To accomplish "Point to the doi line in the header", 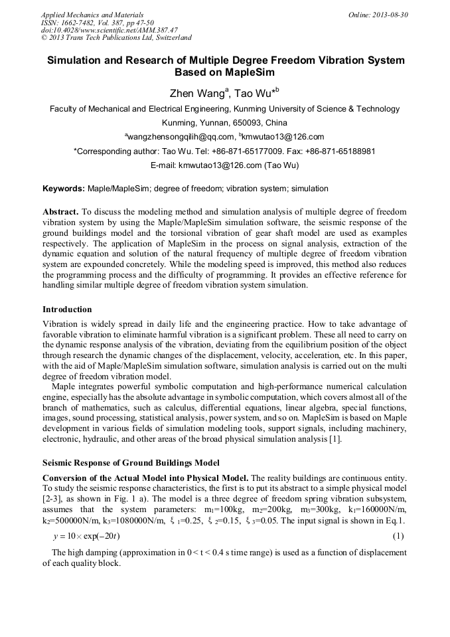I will pos(109,31).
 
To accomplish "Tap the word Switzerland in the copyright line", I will pos(171,38).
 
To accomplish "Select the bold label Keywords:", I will pos(64,189).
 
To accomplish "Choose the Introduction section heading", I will pos(67,309).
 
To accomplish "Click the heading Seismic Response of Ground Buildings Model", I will pos(131,462).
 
